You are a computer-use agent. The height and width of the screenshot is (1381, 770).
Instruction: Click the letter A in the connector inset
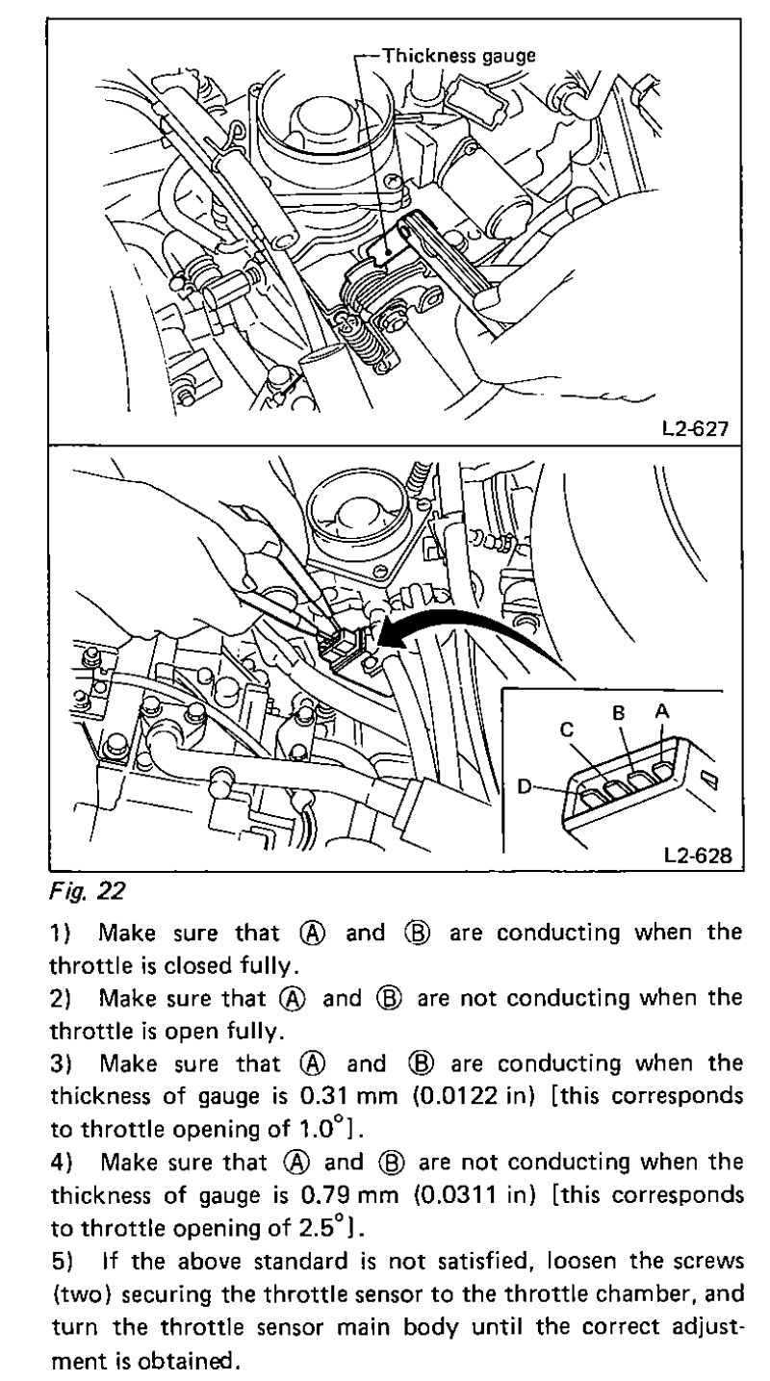pyautogui.click(x=663, y=709)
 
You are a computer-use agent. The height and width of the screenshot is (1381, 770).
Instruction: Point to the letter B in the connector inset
pyautogui.click(x=620, y=715)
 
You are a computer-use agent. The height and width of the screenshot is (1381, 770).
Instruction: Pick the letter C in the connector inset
pyautogui.click(x=568, y=729)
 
